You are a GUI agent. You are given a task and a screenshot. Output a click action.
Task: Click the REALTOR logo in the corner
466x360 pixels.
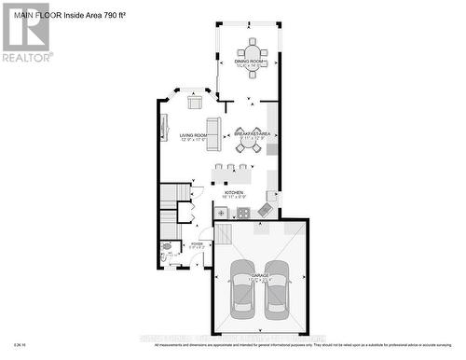[x=26, y=32]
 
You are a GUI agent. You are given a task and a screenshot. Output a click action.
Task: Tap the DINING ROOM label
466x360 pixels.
[x=251, y=60]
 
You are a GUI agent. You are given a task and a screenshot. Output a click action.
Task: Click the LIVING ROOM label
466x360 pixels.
[x=197, y=136]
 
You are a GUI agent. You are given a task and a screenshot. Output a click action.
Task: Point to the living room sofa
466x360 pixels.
[x=213, y=135]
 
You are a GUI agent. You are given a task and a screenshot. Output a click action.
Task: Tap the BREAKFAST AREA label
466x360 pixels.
[x=252, y=134]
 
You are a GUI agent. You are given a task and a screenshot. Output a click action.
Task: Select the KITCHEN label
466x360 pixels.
[x=234, y=192]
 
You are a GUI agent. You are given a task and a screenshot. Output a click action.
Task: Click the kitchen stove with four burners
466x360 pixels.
[x=242, y=212]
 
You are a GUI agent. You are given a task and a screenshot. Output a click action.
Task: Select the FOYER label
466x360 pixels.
[x=197, y=243]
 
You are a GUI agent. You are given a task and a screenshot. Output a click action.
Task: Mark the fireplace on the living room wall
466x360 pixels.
[x=164, y=127]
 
